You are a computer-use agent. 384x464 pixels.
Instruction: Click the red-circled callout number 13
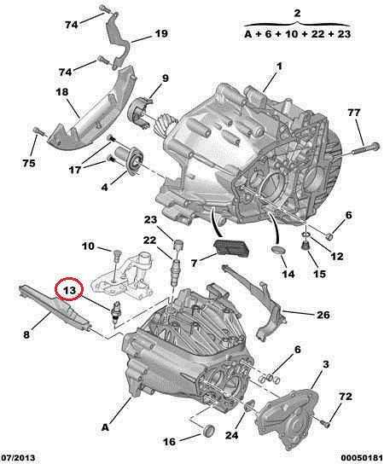point(70,290)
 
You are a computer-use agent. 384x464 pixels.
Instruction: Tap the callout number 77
point(354,113)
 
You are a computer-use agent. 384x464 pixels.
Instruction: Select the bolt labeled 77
point(366,148)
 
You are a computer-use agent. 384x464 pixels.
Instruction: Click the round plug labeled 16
point(210,430)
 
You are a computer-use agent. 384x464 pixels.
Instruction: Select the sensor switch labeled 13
point(116,311)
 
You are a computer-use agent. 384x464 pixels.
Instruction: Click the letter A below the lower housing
point(106,427)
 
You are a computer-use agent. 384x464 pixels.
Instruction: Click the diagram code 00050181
point(362,457)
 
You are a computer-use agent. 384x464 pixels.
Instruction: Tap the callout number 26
point(323,315)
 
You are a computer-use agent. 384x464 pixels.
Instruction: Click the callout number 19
point(161,33)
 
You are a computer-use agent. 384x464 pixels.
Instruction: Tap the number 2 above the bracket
point(297,13)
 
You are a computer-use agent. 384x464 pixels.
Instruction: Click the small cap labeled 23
point(178,245)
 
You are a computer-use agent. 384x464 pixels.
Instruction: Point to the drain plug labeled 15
point(305,246)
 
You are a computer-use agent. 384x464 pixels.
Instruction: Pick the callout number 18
point(62,92)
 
